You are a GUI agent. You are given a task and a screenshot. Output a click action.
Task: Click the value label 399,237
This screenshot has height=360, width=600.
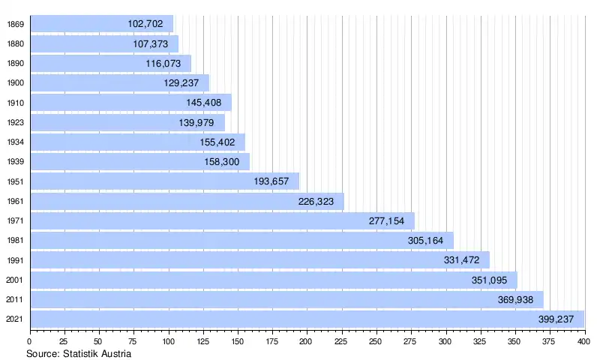click(556, 319)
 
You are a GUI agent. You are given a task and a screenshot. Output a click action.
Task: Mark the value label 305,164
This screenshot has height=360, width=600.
click(425, 241)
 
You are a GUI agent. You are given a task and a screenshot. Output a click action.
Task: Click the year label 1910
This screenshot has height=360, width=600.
click(14, 103)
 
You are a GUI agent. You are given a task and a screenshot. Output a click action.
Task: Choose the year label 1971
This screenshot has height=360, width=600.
click(14, 221)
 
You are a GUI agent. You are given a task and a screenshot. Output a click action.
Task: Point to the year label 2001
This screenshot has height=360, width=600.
click(14, 280)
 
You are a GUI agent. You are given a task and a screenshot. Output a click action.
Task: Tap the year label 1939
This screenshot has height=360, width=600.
click(14, 162)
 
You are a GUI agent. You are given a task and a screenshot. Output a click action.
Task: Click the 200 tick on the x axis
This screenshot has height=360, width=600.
click(306, 342)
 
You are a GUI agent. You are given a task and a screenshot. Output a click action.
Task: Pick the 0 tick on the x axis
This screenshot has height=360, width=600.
click(29, 342)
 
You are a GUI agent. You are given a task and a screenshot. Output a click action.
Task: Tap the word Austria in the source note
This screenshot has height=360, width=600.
click(118, 352)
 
